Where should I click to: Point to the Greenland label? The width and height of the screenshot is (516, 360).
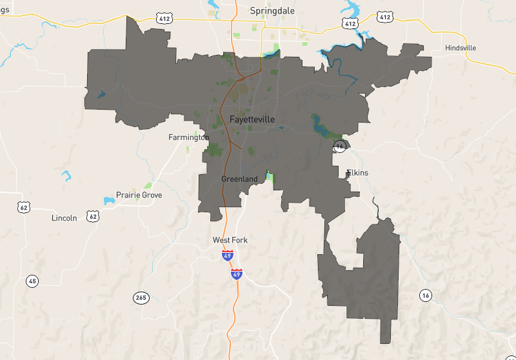pyautogui.click(x=239, y=179)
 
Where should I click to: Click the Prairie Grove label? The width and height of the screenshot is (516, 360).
pyautogui.click(x=139, y=195)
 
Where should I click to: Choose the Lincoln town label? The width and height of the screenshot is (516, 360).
pyautogui.click(x=64, y=218)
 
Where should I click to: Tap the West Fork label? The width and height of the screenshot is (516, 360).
pyautogui.click(x=230, y=240)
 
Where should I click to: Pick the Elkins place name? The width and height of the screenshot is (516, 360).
pyautogui.click(x=358, y=173)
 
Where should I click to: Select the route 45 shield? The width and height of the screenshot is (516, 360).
pyautogui.click(x=32, y=281)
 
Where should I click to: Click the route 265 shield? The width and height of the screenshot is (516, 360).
pyautogui.click(x=141, y=297)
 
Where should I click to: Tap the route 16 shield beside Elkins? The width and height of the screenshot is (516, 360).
pyautogui.click(x=340, y=147)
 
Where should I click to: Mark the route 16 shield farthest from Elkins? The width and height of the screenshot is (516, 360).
pyautogui.click(x=424, y=295)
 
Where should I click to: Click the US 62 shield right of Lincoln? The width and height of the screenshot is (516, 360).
pyautogui.click(x=94, y=216)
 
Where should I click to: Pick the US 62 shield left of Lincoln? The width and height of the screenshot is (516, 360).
pyautogui.click(x=24, y=207)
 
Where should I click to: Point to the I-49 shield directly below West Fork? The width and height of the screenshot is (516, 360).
pyautogui.click(x=227, y=256)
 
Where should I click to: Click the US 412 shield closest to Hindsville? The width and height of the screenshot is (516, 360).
pyautogui.click(x=385, y=17)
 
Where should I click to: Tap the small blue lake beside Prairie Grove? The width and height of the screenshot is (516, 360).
pyautogui.click(x=108, y=201)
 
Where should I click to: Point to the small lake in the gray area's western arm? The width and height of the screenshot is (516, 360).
pyautogui.click(x=101, y=95)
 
